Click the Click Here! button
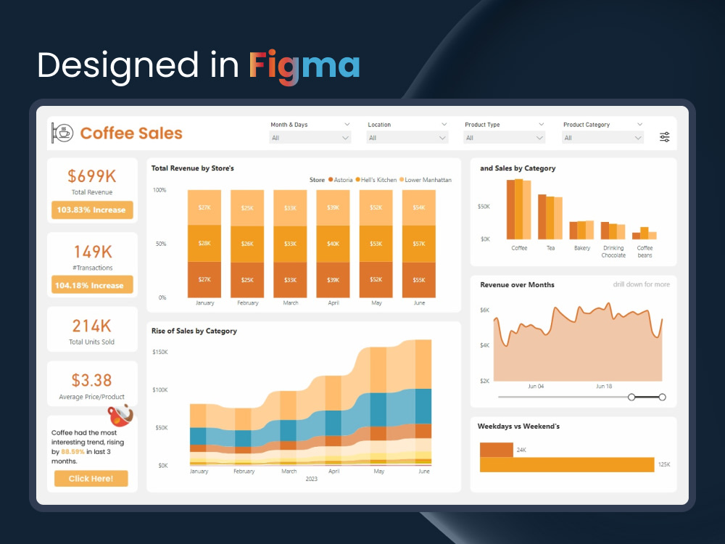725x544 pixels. click(x=91, y=479)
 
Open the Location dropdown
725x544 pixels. click(x=407, y=138)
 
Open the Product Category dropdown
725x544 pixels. click(x=602, y=138)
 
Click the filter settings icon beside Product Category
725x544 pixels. click(x=665, y=137)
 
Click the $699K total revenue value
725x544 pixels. click(x=91, y=176)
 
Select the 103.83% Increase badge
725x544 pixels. click(x=91, y=210)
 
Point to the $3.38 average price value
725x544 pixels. click(x=91, y=380)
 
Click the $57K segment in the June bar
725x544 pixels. click(x=419, y=244)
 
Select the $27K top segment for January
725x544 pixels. click(x=204, y=207)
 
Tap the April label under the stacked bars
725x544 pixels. click(x=333, y=303)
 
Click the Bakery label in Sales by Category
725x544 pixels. click(x=582, y=248)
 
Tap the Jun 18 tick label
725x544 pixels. click(x=604, y=387)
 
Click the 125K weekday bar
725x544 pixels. click(x=566, y=464)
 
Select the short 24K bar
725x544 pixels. click(x=496, y=450)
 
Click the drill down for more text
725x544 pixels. click(x=642, y=284)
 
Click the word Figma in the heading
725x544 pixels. click(x=304, y=65)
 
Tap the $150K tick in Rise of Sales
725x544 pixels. click(x=159, y=352)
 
